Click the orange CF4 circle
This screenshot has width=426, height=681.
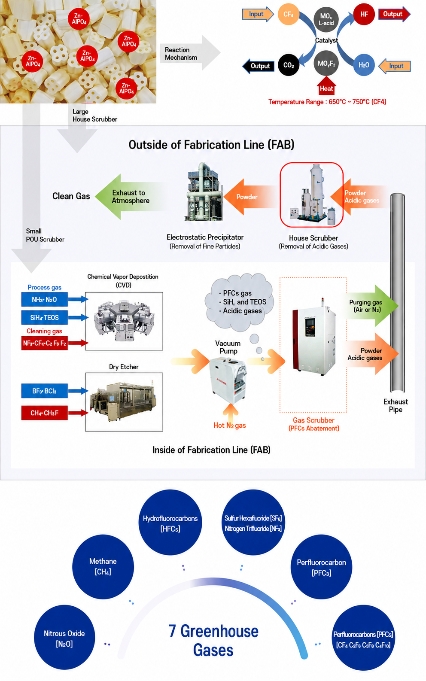288,14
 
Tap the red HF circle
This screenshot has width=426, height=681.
364,14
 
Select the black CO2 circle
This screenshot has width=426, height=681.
289,65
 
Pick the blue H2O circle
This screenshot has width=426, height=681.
364,65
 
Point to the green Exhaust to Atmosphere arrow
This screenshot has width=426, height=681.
131,197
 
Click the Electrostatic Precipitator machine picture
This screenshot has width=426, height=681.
204,192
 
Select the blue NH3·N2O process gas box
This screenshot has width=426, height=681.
44,299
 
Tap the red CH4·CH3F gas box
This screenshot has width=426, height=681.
44,413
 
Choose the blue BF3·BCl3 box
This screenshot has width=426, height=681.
44,391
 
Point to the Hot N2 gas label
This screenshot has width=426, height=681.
230,426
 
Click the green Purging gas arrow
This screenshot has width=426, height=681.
371,306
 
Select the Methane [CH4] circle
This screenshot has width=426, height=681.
103,567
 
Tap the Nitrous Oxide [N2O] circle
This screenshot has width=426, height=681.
64,637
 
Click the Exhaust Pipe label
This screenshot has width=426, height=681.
396,406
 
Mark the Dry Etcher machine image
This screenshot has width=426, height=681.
124,402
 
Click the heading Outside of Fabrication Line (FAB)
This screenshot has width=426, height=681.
211,145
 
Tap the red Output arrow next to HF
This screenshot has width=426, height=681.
394,14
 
